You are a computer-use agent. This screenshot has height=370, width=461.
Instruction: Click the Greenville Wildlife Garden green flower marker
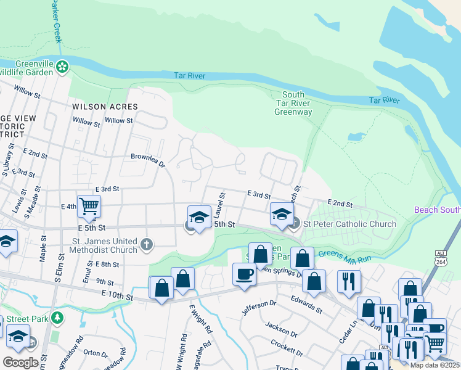[62, 67]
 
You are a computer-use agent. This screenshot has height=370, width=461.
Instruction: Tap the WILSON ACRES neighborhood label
[104, 107]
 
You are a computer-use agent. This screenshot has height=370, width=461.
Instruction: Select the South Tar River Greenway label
[293, 103]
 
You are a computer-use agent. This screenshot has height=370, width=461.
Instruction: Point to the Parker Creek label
[57, 22]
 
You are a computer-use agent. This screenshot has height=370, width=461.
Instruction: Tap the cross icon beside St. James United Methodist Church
[146, 245]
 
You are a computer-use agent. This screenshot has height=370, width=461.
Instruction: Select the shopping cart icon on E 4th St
[89, 207]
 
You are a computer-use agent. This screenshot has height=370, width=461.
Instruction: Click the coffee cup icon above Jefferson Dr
[244, 273]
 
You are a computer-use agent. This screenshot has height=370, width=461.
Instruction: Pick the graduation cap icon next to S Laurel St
[198, 217]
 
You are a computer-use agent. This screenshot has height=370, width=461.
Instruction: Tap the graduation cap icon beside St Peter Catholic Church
[281, 215]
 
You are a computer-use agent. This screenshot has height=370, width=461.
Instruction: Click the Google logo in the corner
[20, 363]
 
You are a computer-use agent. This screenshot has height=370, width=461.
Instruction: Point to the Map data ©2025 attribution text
[434, 365]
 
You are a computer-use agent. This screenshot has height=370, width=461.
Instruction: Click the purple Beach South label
[437, 210]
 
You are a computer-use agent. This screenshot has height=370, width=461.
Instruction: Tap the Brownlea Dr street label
[148, 160]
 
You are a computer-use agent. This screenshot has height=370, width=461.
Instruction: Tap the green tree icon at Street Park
[57, 318]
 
